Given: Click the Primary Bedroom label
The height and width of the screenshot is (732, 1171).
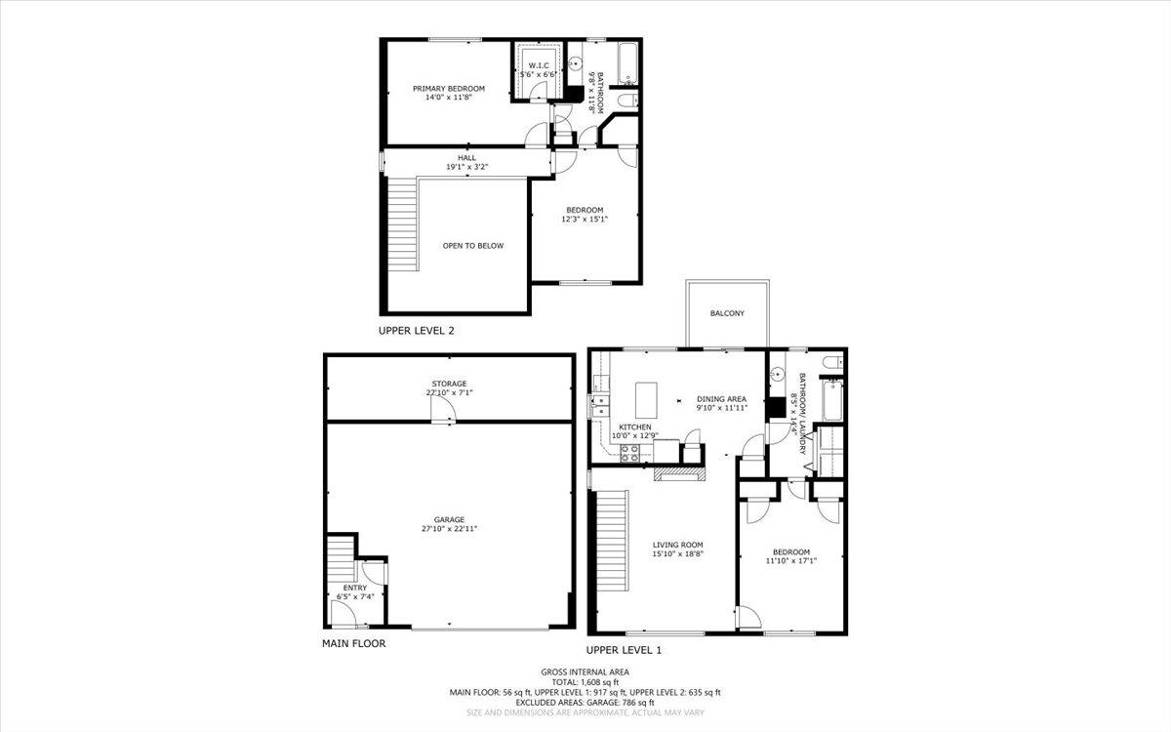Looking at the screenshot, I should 448,89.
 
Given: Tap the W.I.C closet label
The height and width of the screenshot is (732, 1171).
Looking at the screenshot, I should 536,66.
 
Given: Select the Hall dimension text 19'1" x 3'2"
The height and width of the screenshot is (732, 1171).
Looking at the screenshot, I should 466,167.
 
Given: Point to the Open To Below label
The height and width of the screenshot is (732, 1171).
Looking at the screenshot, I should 473,246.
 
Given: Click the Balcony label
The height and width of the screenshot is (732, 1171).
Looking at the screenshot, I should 727,313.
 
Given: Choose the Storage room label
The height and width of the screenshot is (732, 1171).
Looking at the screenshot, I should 450,384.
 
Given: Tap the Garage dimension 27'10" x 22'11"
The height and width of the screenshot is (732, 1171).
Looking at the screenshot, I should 450,528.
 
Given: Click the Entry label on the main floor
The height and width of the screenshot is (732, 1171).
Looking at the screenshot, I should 354,588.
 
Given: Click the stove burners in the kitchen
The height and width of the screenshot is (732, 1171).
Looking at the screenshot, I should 630,451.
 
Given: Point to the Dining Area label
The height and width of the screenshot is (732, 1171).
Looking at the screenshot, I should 721,398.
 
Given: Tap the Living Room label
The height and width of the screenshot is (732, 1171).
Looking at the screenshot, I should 678,545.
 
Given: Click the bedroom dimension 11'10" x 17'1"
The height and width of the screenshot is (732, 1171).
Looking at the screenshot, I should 790,560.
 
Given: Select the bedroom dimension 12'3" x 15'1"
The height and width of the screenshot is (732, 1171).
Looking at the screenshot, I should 584,219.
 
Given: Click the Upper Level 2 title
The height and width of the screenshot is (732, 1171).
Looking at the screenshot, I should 416,331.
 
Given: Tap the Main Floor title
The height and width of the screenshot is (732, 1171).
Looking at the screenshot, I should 353,644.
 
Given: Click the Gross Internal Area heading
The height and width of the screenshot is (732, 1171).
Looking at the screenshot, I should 585,671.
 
